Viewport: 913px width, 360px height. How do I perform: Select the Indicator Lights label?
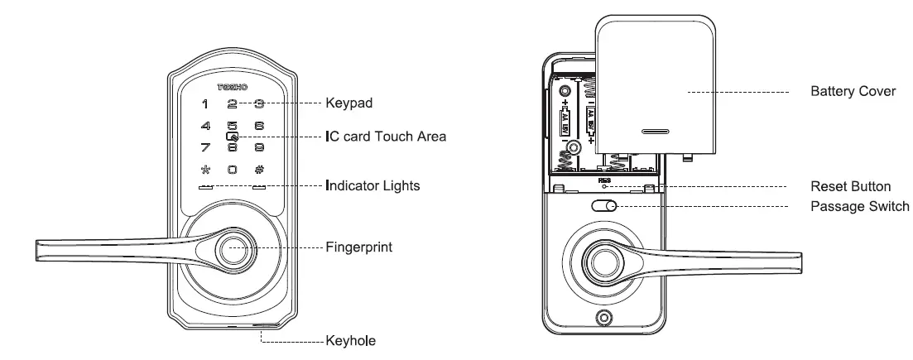(x=372, y=186)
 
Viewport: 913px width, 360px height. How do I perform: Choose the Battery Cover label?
(x=853, y=91)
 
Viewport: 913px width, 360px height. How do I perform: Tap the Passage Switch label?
(x=860, y=205)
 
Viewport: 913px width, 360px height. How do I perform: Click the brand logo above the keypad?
(x=233, y=85)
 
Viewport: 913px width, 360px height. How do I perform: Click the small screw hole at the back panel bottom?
(x=604, y=319)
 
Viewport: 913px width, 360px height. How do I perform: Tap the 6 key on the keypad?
(x=259, y=127)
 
